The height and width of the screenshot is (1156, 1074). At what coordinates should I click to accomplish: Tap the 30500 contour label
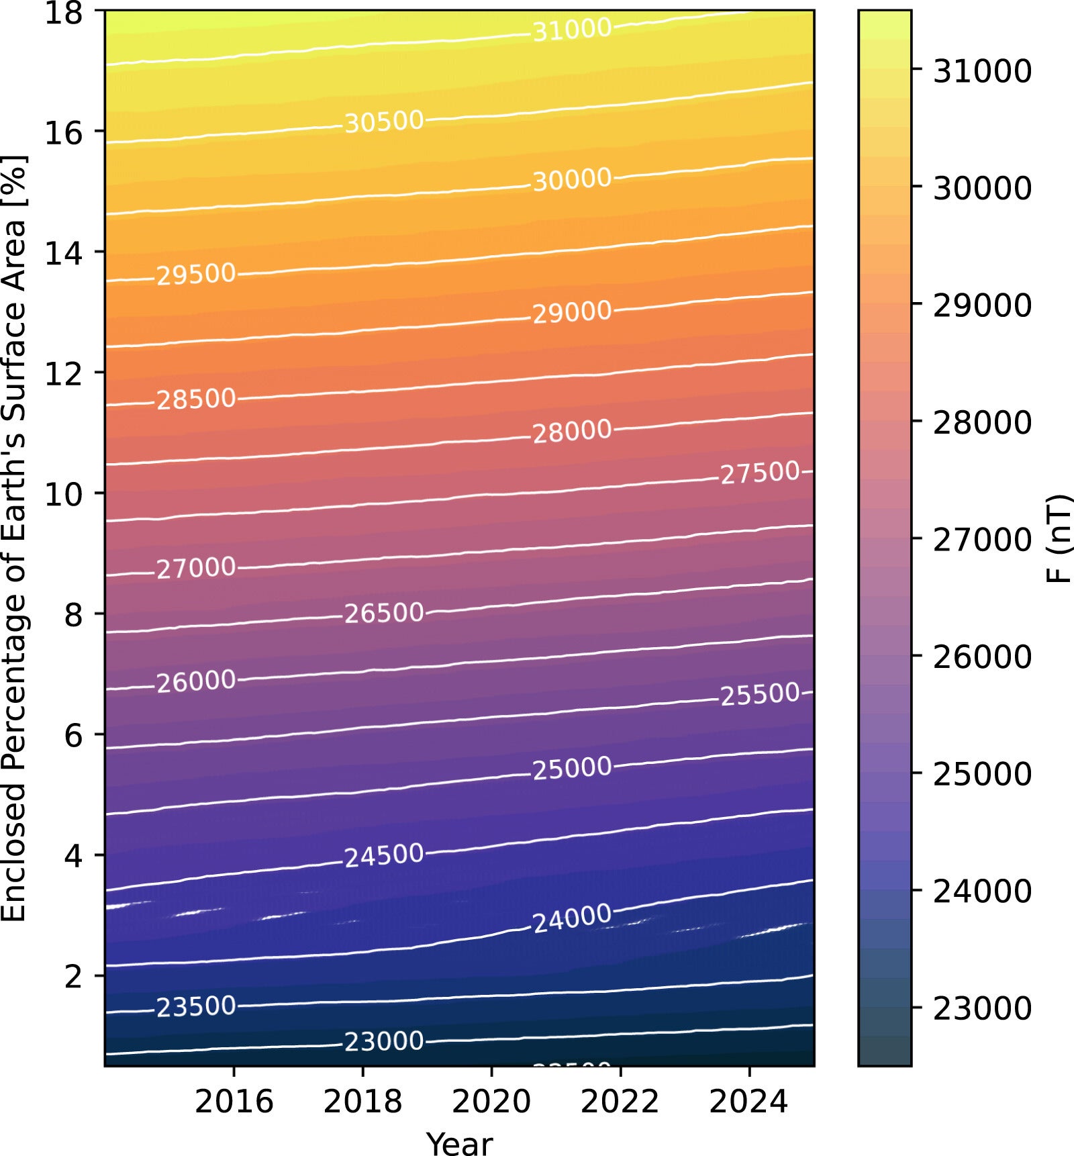pyautogui.click(x=384, y=122)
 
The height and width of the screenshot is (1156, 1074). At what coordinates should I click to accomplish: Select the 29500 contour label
pyautogui.click(x=196, y=274)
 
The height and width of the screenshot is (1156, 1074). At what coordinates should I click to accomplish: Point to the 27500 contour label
pyautogui.click(x=760, y=473)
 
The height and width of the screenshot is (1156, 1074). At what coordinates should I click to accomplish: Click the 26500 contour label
pyautogui.click(x=384, y=613)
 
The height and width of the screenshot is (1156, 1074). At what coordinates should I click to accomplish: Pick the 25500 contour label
pyautogui.click(x=760, y=694)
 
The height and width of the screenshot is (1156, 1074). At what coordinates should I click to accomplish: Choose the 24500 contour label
pyautogui.click(x=384, y=855)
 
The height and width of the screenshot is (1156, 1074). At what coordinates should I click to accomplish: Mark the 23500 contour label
pyautogui.click(x=196, y=1007)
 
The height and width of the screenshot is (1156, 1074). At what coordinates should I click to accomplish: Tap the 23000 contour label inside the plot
pyautogui.click(x=384, y=1041)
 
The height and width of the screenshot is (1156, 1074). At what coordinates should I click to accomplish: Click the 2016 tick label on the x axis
pyautogui.click(x=234, y=1102)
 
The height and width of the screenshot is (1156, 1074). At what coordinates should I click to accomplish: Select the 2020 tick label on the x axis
pyautogui.click(x=491, y=1102)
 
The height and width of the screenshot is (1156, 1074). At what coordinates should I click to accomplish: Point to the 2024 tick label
pyautogui.click(x=748, y=1102)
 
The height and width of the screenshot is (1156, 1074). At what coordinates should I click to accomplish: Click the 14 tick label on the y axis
pyautogui.click(x=64, y=253)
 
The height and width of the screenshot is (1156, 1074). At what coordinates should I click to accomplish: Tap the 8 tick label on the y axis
pyautogui.click(x=73, y=614)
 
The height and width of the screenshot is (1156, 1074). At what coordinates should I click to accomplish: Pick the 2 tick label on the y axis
pyautogui.click(x=73, y=976)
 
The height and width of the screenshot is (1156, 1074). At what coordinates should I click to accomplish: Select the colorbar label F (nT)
pyautogui.click(x=1059, y=538)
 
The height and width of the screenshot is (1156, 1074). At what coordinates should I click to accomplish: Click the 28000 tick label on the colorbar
pyautogui.click(x=982, y=422)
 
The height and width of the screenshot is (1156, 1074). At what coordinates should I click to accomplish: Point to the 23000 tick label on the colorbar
pyautogui.click(x=982, y=1008)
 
